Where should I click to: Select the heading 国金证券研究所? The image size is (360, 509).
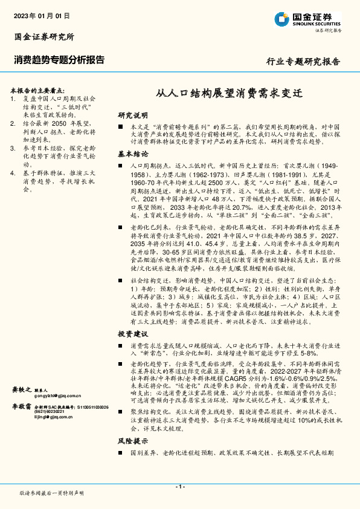pyautogui.click(x=43, y=37)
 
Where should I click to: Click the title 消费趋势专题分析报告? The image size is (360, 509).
pyautogui.click(x=59, y=60)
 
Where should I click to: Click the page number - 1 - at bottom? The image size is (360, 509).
pyautogui.click(x=179, y=487)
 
